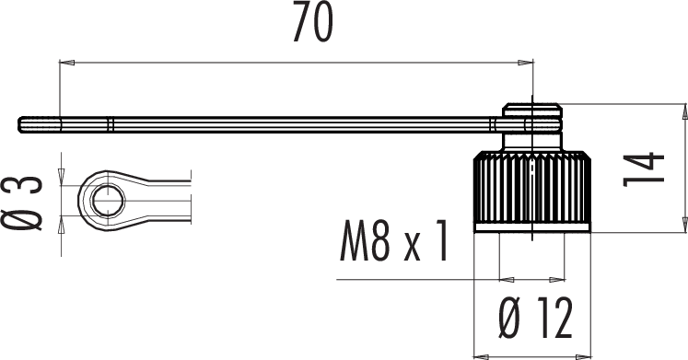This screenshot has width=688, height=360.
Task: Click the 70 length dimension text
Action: click(x=313, y=22)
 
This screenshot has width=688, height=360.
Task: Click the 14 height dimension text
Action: click(x=644, y=169)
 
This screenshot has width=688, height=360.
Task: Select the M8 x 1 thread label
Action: click(x=394, y=241)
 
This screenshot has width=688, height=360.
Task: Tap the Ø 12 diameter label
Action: click(x=535, y=318)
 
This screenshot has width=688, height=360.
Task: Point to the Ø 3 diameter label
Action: click(x=21, y=203)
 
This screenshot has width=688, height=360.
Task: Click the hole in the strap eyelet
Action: click(x=108, y=201)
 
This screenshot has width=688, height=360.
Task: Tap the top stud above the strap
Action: click(x=531, y=110)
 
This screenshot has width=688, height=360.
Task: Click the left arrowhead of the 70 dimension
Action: click(x=66, y=63)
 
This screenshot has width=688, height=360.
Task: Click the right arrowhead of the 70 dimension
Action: click(x=526, y=63)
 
